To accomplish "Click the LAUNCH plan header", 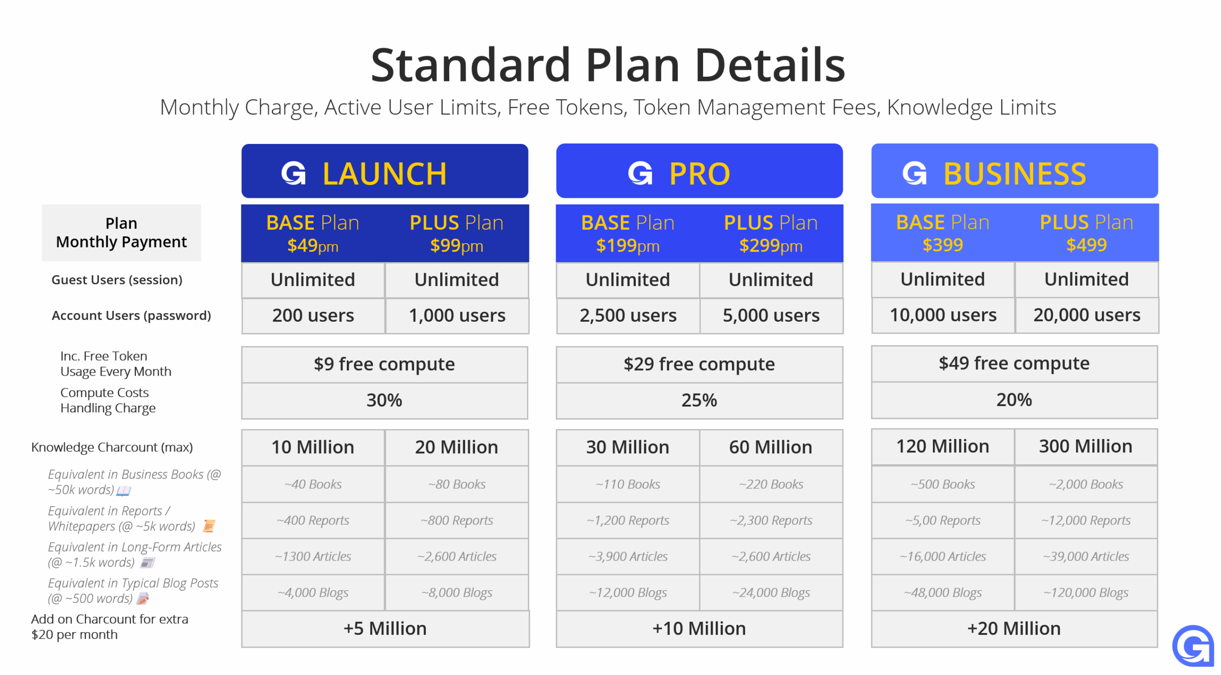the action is (x=384, y=171).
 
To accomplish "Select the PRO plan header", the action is (x=699, y=171).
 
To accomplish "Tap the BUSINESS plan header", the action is (x=1014, y=171).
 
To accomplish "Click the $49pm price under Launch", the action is (x=313, y=246).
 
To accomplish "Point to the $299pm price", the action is (x=771, y=246).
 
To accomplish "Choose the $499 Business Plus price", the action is (x=1086, y=245).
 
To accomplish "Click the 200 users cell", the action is (x=313, y=316).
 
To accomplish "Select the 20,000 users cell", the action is (x=1086, y=315).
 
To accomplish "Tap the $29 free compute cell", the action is (x=699, y=364).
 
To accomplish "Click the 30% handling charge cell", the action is (x=384, y=400).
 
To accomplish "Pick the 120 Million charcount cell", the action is (x=943, y=447).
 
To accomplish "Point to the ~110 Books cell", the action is (x=628, y=484).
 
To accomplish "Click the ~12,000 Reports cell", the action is (x=1086, y=521).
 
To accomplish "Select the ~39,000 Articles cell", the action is (x=1086, y=557).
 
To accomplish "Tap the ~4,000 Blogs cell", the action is (x=313, y=593).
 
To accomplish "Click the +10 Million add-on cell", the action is (x=699, y=629).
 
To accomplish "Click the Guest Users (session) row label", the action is (x=117, y=280).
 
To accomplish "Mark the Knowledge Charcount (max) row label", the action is (x=112, y=448).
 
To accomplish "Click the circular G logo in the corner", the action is (x=1192, y=646).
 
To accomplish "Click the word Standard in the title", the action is (x=471, y=65).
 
